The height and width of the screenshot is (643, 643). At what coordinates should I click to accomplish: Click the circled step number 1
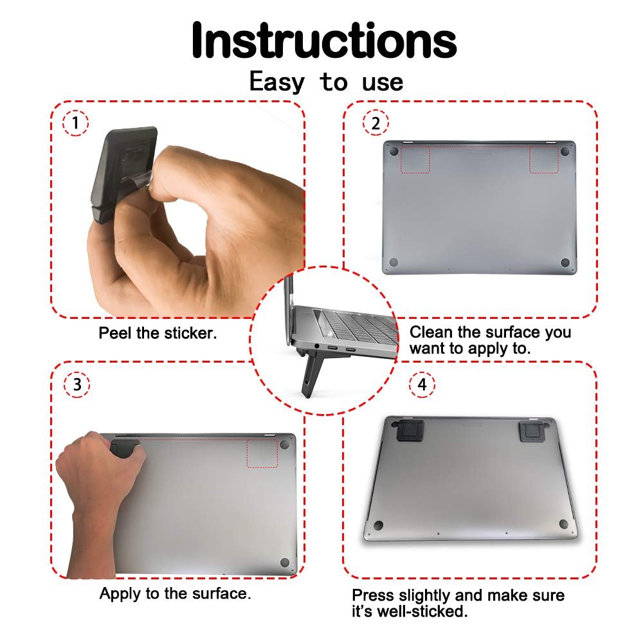click(x=75, y=123)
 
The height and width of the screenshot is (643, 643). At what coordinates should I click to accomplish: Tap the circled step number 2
click(x=376, y=123)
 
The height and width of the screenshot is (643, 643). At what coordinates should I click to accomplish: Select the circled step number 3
click(x=77, y=385)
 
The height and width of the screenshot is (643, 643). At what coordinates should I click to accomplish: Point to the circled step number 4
click(x=422, y=385)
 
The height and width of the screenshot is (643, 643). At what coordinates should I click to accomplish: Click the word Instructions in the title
click(x=324, y=40)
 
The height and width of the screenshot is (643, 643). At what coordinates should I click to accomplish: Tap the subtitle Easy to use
click(x=327, y=82)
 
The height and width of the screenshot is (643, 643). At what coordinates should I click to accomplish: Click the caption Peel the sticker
click(x=158, y=333)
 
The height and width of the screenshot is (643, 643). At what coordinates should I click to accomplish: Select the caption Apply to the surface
click(x=175, y=593)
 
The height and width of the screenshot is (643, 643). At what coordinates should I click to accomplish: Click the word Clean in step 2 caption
click(x=431, y=332)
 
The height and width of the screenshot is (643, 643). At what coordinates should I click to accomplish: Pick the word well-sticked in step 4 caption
click(x=422, y=611)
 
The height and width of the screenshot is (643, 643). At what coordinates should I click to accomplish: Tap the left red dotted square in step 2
click(x=415, y=159)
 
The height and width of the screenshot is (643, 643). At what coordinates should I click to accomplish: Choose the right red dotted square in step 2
click(x=544, y=159)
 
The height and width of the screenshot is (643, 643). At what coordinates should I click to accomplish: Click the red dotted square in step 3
click(x=262, y=453)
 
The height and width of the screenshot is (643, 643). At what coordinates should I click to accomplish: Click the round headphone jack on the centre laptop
click(x=317, y=347)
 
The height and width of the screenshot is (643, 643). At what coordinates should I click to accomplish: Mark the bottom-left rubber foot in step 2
click(x=394, y=262)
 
